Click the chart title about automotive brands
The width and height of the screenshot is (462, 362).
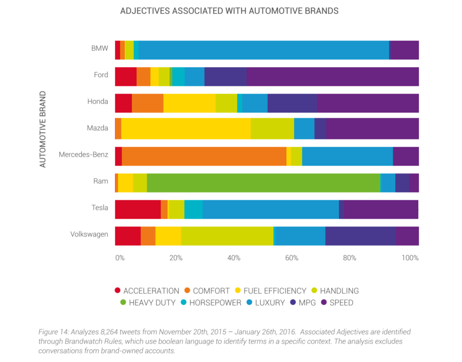point(229,11)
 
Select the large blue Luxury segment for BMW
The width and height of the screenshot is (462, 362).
point(263,50)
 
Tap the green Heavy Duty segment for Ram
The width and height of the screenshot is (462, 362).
point(263,183)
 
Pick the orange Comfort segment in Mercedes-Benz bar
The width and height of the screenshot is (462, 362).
point(204,156)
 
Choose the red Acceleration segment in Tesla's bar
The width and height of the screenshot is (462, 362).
point(138,209)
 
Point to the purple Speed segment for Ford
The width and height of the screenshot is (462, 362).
point(333,76)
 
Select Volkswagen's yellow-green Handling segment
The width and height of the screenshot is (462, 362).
point(227,236)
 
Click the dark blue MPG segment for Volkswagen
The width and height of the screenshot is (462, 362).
point(360,236)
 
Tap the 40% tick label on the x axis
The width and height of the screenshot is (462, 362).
point(234,258)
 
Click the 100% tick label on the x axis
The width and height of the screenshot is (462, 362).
point(410,258)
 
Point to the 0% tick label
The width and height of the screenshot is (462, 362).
point(120,258)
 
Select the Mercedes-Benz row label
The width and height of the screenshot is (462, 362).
point(83,155)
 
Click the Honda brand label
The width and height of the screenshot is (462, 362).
point(97,102)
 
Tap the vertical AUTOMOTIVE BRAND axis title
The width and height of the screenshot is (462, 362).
point(43,130)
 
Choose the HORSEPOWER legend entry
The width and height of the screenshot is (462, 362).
point(215,302)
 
